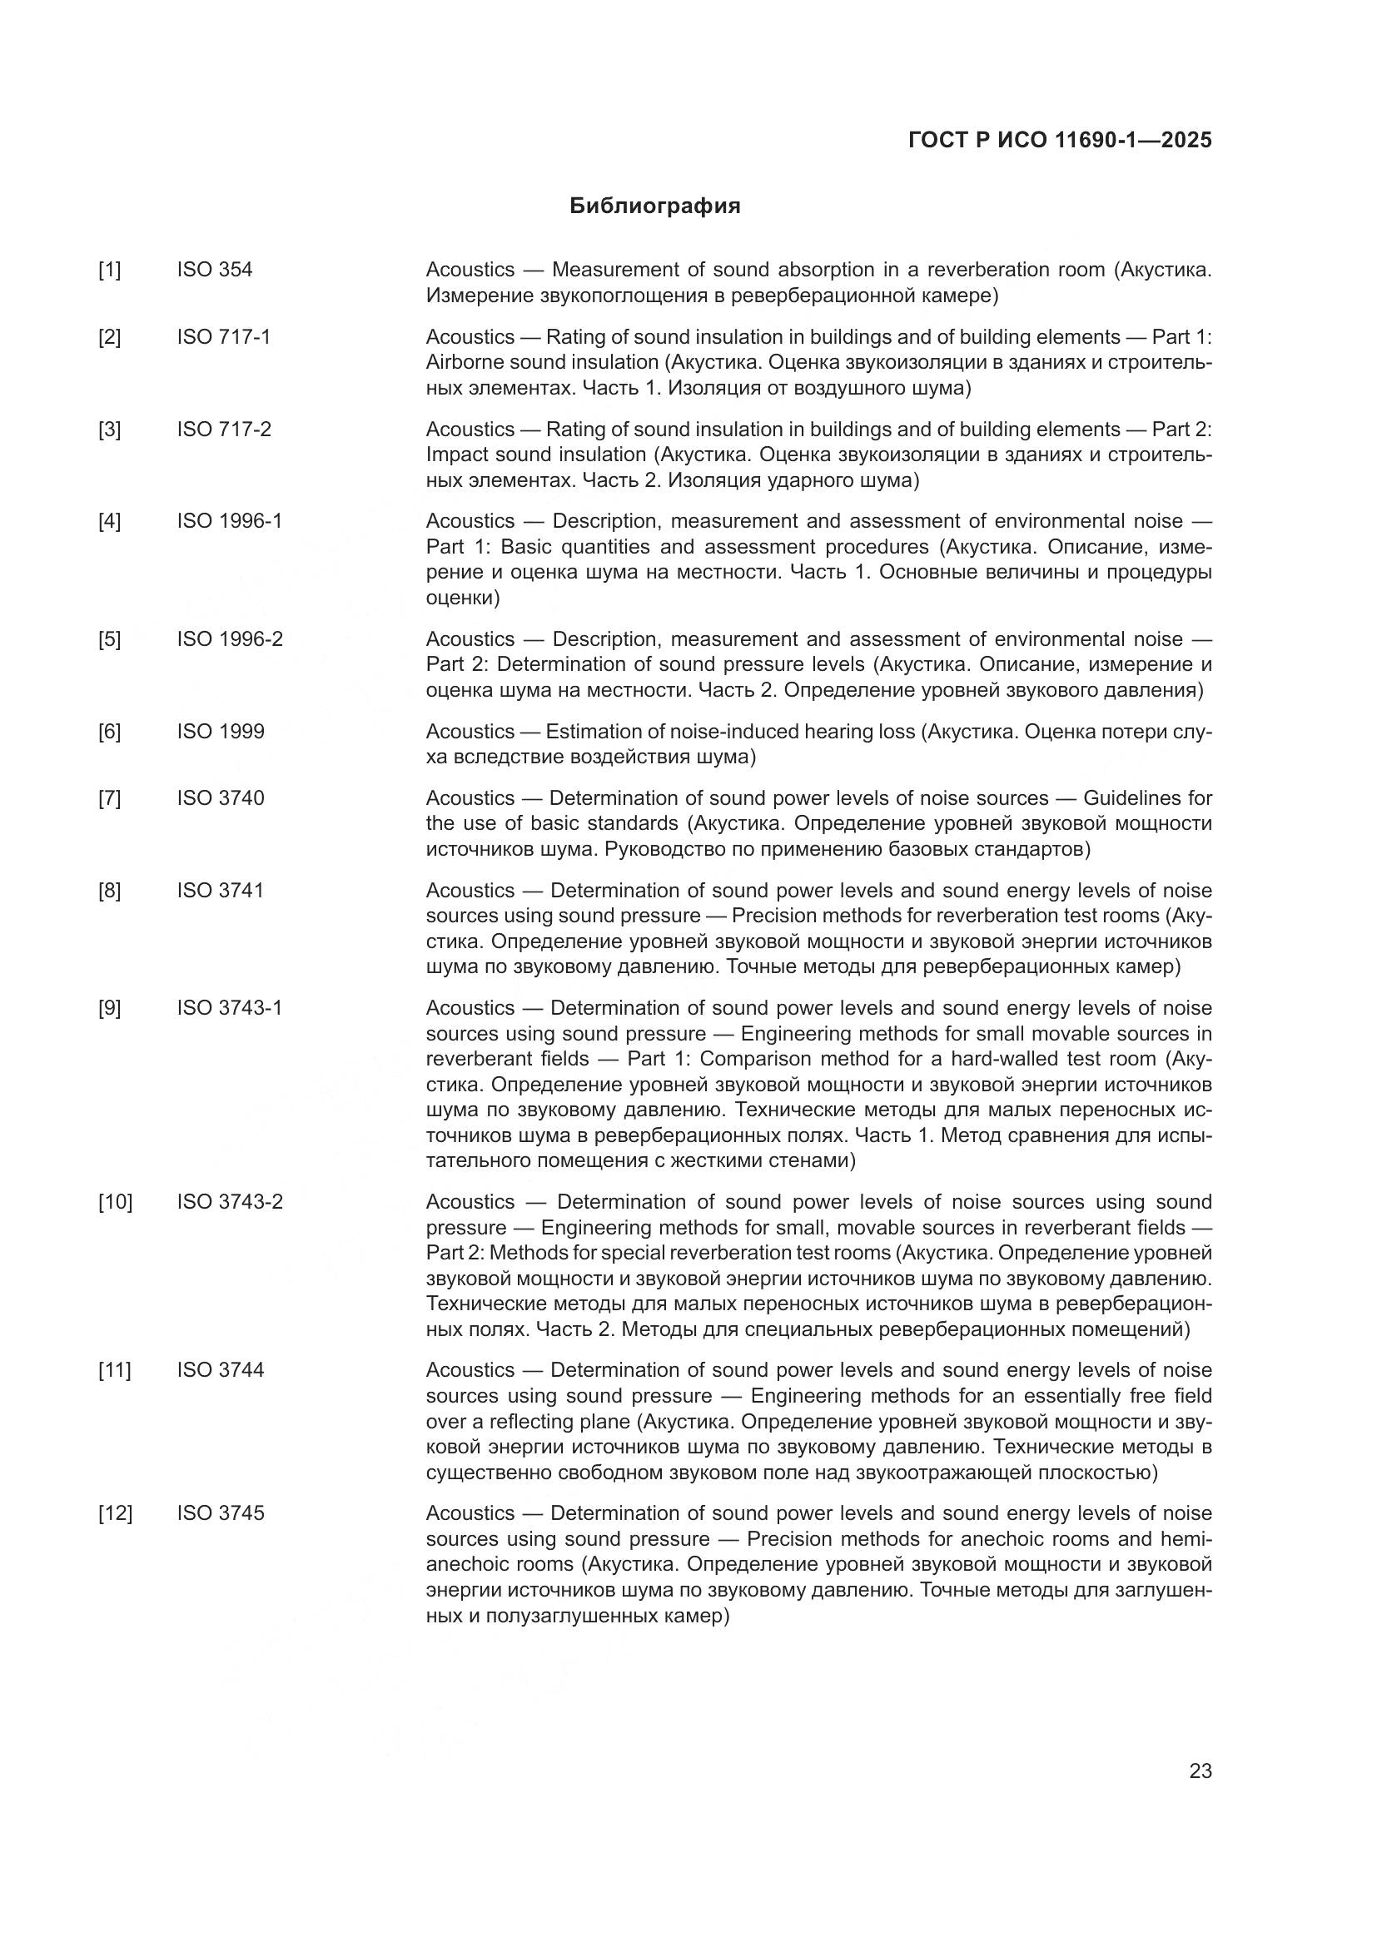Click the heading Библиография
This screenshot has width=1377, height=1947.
pyautogui.click(x=654, y=206)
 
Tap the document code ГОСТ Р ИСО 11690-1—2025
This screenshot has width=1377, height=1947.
pyautogui.click(x=1060, y=140)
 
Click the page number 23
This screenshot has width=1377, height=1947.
pyautogui.click(x=1201, y=1771)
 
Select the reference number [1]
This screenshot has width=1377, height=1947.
pyautogui.click(x=109, y=270)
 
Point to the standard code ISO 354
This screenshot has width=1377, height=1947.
pyautogui.click(x=215, y=270)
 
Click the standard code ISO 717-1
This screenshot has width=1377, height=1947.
pyautogui.click(x=224, y=336)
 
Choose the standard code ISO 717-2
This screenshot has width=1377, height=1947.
pyautogui.click(x=224, y=429)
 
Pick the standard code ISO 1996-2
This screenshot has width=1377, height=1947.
pyautogui.click(x=230, y=638)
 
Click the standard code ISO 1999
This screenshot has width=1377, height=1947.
pyautogui.click(x=221, y=731)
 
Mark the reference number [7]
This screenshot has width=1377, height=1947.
pyautogui.click(x=109, y=798)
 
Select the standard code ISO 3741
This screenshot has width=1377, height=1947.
pyautogui.click(x=221, y=891)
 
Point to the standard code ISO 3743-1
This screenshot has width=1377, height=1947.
pyautogui.click(x=230, y=1007)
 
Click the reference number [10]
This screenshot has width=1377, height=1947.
pyautogui.click(x=116, y=1202)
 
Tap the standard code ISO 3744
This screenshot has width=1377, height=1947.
pyautogui.click(x=221, y=1369)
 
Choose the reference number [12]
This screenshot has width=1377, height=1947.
pyautogui.click(x=116, y=1512)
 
